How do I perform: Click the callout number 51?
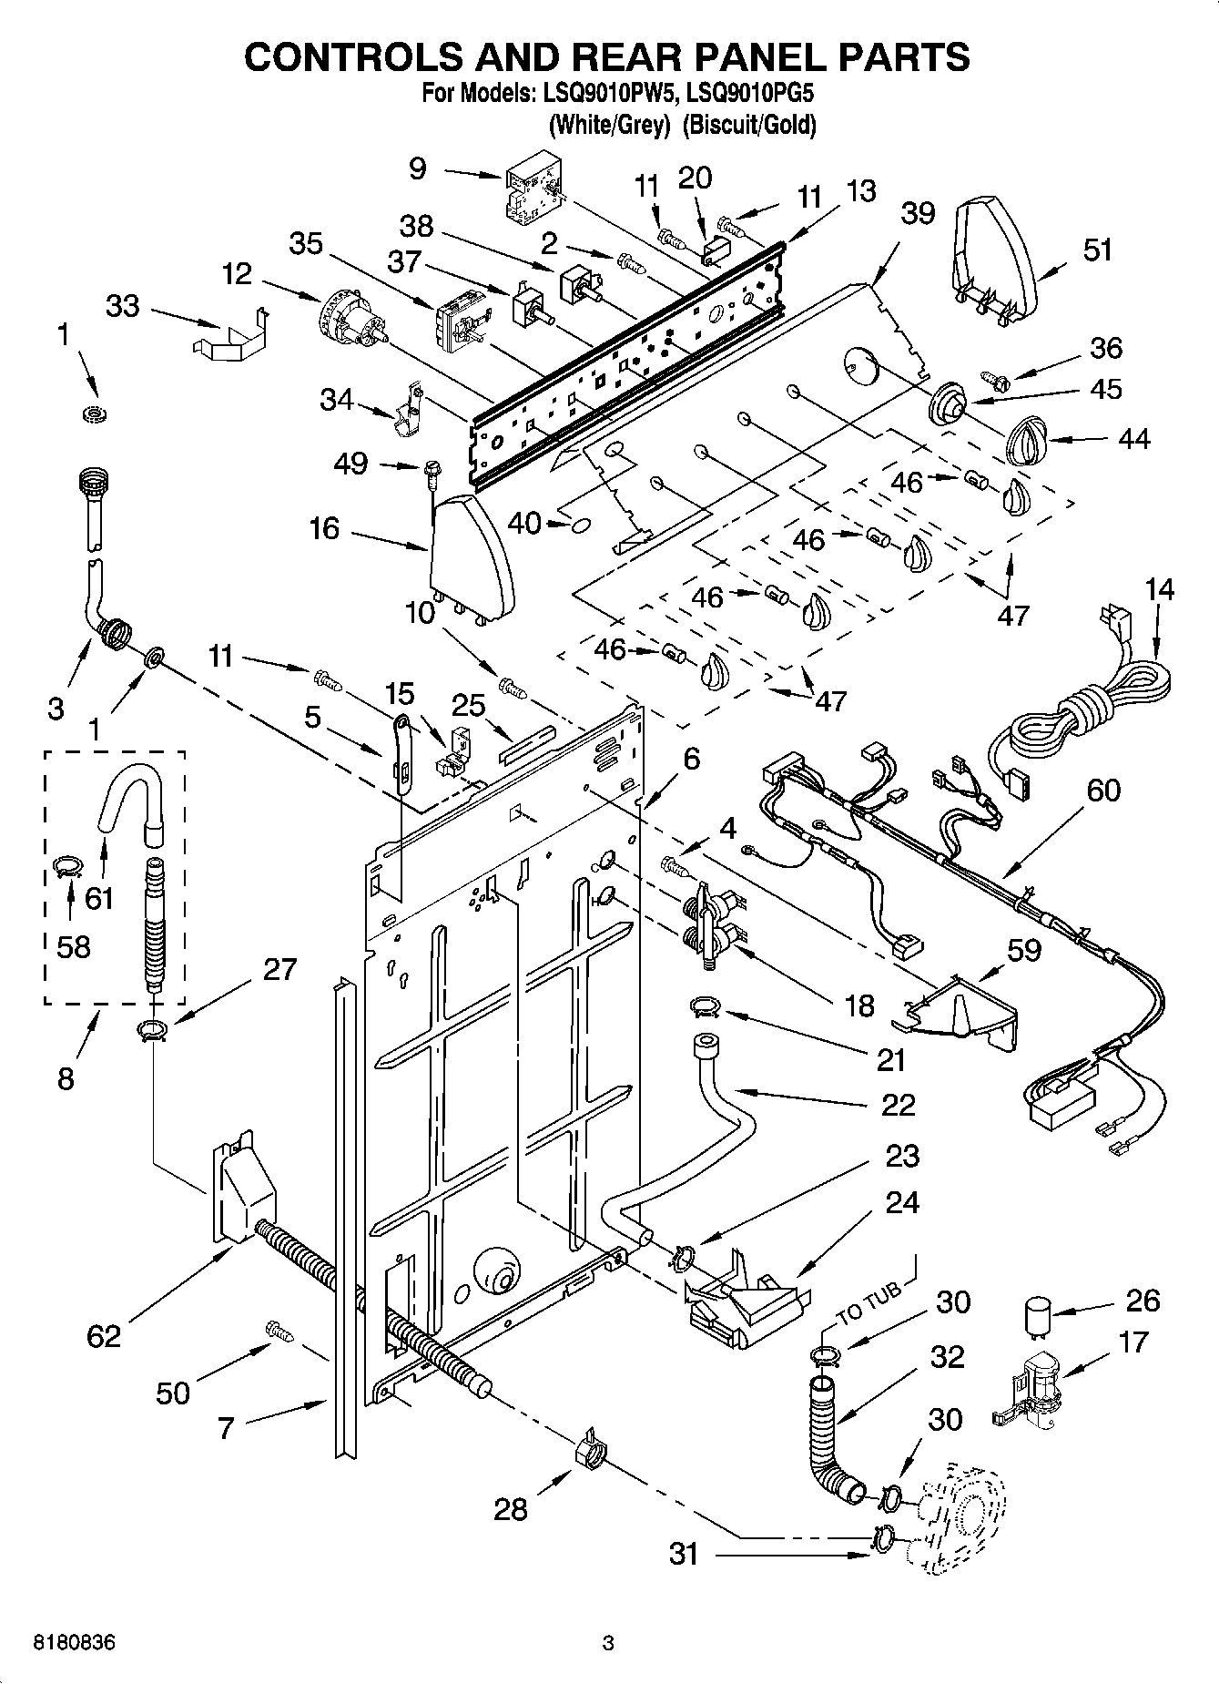coord(1097,250)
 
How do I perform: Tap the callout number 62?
coord(104,1336)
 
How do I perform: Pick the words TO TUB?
coord(869,1303)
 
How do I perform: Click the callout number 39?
coord(918,215)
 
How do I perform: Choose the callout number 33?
coord(123,306)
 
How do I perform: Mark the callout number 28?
coord(510,1509)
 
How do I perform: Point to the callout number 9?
coord(417,168)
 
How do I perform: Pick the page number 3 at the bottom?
coord(608,1644)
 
